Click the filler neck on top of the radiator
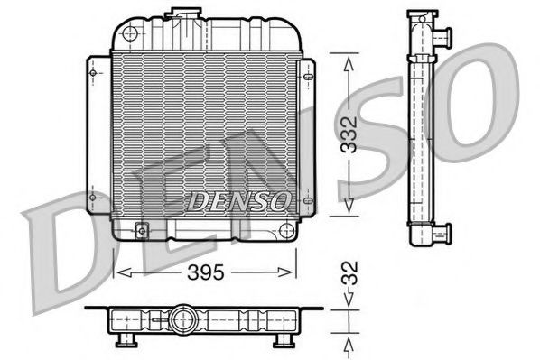[x=187, y=13]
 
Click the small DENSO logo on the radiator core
[x=239, y=200]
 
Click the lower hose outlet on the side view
[x=442, y=235]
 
